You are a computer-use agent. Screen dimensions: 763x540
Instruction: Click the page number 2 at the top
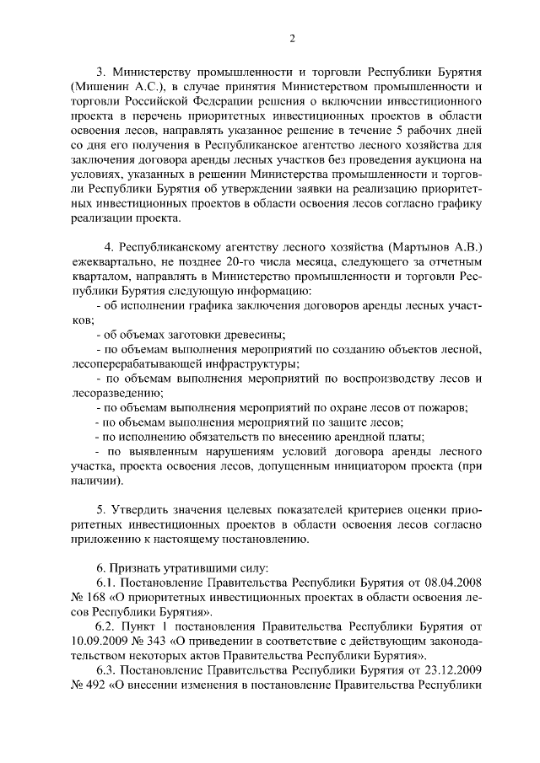tap(291, 38)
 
